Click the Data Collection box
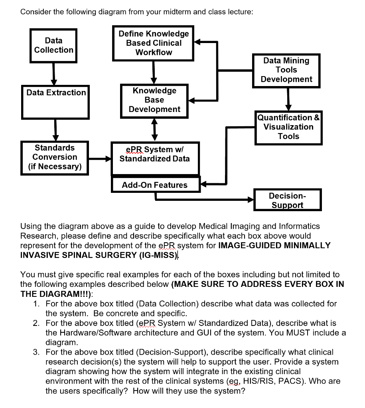pyautogui.click(x=54, y=45)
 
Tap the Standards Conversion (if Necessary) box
pyautogui.click(x=55, y=157)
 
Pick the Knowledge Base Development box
pyautogui.click(x=154, y=100)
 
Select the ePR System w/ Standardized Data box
pyautogui.click(x=155, y=158)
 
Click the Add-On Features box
pyautogui.click(x=155, y=185)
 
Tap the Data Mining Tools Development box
pyautogui.click(x=286, y=70)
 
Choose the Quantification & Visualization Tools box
pyautogui.click(x=288, y=127)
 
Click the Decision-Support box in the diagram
pyautogui.click(x=287, y=200)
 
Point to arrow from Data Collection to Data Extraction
pyautogui.click(x=53, y=74)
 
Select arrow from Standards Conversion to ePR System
pyautogui.click(x=100, y=159)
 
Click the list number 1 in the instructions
pyautogui.click(x=36, y=304)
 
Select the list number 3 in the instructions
pyautogui.click(x=36, y=352)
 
